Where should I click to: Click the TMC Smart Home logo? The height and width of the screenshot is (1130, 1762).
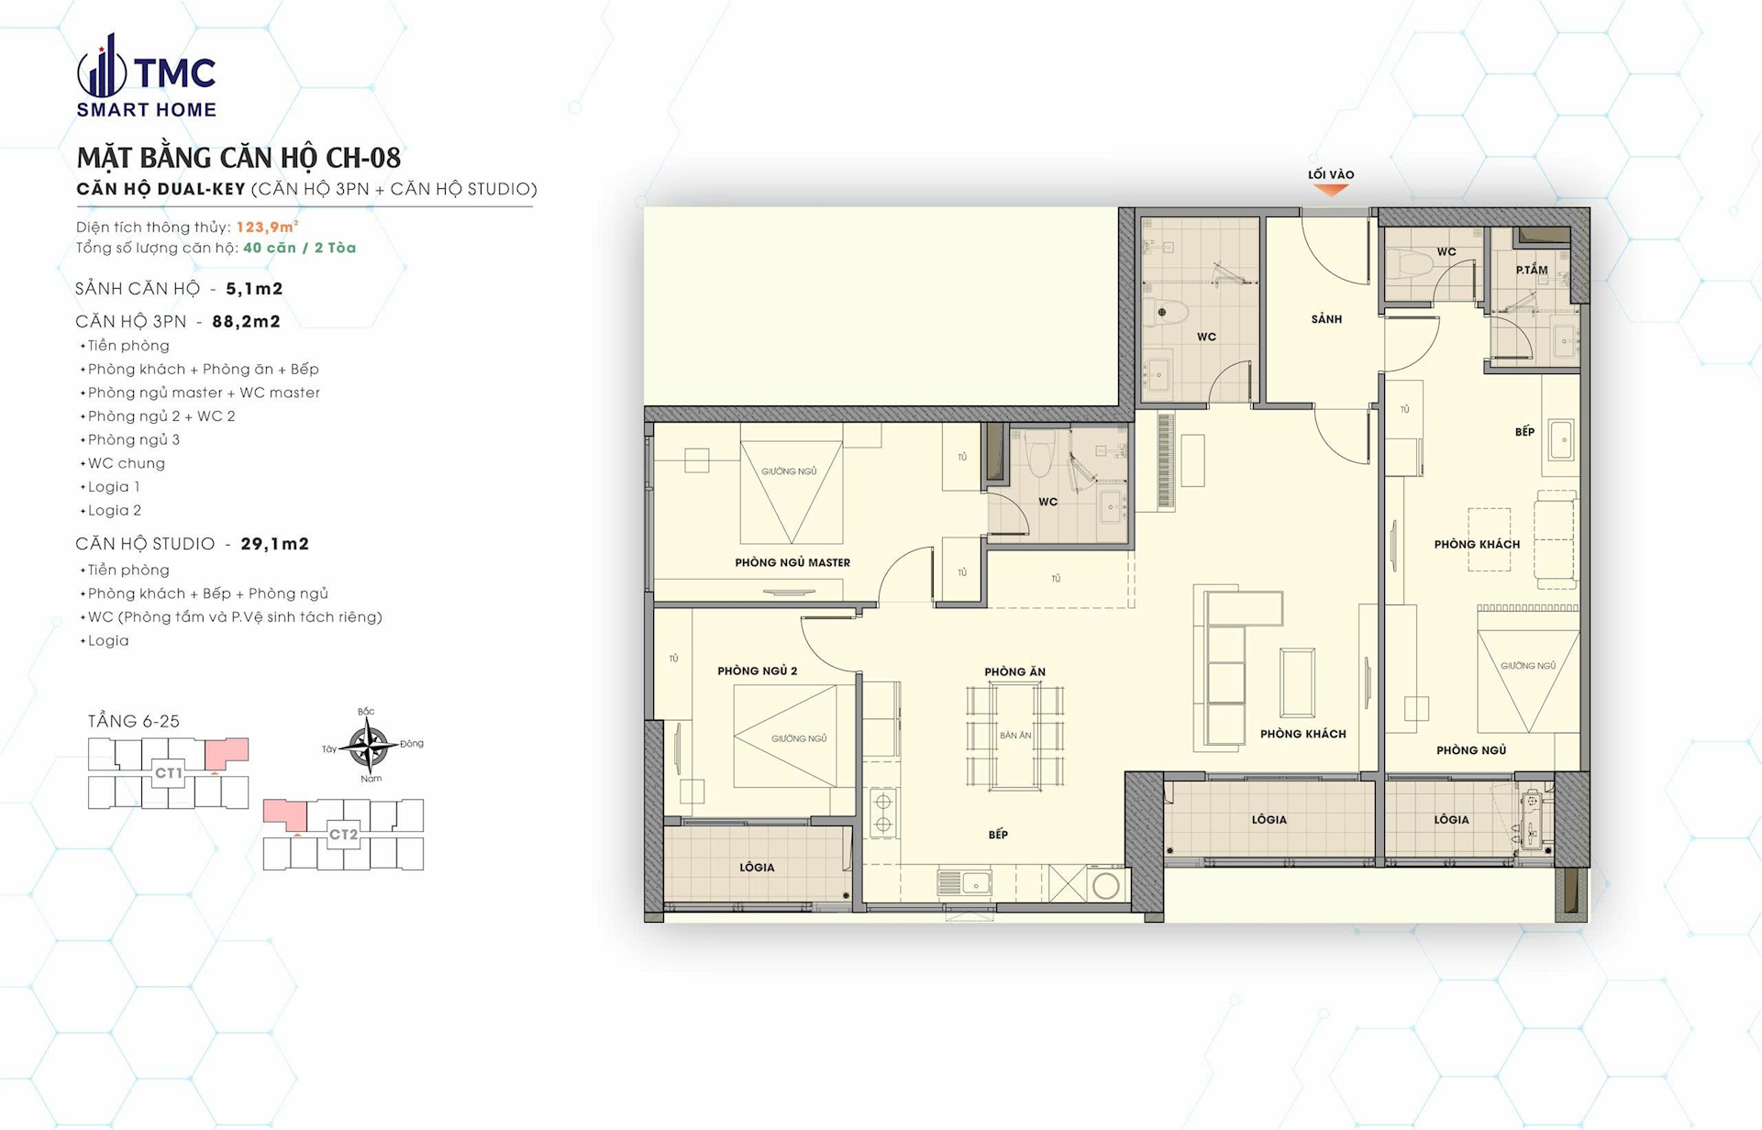pyautogui.click(x=147, y=75)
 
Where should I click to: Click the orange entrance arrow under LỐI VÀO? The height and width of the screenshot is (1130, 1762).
pyautogui.click(x=1330, y=190)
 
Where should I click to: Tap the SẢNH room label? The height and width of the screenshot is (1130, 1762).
pyautogui.click(x=1326, y=319)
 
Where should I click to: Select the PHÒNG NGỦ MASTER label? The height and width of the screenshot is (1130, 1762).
pyautogui.click(x=792, y=562)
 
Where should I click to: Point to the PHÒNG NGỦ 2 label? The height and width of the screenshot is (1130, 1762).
pyautogui.click(x=757, y=670)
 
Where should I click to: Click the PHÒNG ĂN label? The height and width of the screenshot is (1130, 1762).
pyautogui.click(x=1014, y=671)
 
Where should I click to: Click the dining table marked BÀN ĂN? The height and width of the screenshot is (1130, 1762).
pyautogui.click(x=1014, y=736)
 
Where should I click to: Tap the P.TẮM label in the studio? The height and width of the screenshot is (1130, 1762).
pyautogui.click(x=1531, y=270)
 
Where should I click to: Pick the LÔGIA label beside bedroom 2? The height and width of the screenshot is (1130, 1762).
pyautogui.click(x=757, y=867)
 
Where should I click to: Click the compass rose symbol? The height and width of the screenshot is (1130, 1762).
pyautogui.click(x=369, y=745)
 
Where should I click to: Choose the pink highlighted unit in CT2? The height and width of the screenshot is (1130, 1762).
pyautogui.click(x=286, y=814)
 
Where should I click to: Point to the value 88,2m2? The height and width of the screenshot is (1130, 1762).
pyautogui.click(x=246, y=321)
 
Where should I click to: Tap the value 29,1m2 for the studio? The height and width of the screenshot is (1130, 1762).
pyautogui.click(x=275, y=544)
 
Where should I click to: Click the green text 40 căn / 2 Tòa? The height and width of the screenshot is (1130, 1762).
pyautogui.click(x=299, y=248)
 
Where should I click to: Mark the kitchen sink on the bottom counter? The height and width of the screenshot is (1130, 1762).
pyautogui.click(x=964, y=883)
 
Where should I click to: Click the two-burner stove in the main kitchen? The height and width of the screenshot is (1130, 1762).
pyautogui.click(x=882, y=813)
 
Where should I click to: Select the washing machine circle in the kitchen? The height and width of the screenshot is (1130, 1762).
pyautogui.click(x=1105, y=886)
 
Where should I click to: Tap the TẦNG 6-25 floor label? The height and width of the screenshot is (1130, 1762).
pyautogui.click(x=134, y=721)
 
